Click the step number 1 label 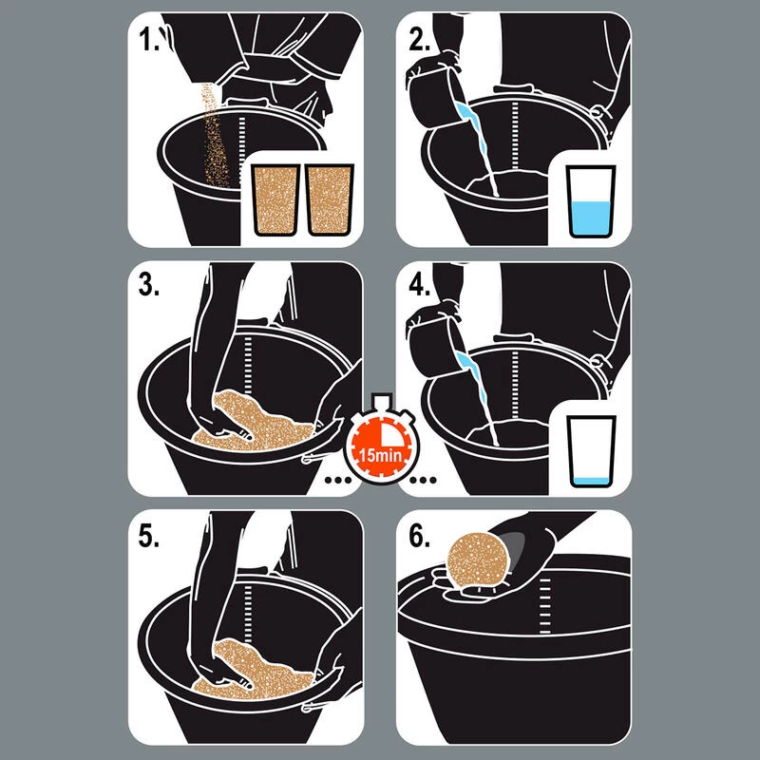(148, 39)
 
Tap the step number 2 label (419, 39)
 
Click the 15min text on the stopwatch (380, 456)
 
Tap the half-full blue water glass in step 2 (591, 201)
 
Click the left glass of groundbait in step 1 (275, 199)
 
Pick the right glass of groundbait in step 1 (330, 199)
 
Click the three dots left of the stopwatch (338, 480)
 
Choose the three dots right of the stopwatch (423, 480)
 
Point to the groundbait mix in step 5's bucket (252, 672)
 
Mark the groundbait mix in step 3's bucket (252, 423)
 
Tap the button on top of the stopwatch (382, 400)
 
